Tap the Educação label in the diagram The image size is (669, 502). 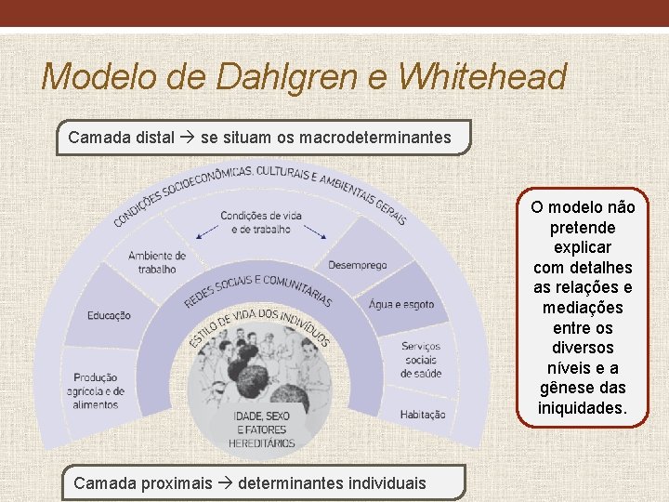pyautogui.click(x=109, y=315)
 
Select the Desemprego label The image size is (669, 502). pyautogui.click(x=357, y=266)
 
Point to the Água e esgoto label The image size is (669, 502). pyautogui.click(x=400, y=304)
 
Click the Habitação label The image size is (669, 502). pyautogui.click(x=423, y=414)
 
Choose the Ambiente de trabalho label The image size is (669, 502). pyautogui.click(x=157, y=262)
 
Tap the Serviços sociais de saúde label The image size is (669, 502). pyautogui.click(x=421, y=360)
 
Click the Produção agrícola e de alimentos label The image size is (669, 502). pyautogui.click(x=97, y=390)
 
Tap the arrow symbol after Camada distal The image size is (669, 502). pyautogui.click(x=187, y=138)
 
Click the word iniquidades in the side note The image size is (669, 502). pyautogui.click(x=582, y=408)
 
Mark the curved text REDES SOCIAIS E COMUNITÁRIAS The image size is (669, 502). pyautogui.click(x=258, y=288)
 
